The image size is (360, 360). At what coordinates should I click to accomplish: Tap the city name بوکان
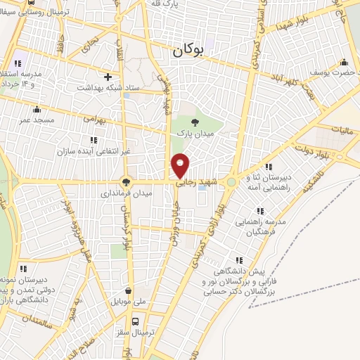coord(191,50)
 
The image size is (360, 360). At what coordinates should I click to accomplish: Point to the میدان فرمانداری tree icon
coord(126,181)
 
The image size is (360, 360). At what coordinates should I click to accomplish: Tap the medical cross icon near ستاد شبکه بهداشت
coord(108,77)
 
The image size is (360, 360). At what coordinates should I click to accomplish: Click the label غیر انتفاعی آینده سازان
coord(115,152)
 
